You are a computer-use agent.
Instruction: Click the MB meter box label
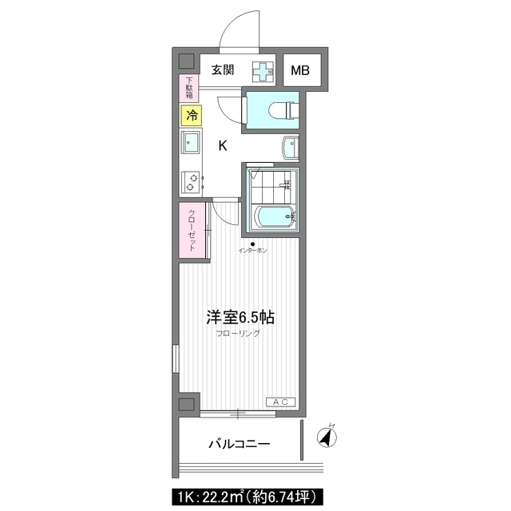tap(300, 70)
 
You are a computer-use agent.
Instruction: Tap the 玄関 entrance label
tap(223, 69)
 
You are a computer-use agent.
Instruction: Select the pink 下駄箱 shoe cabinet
tap(189, 88)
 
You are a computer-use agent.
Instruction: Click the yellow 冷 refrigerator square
tap(192, 115)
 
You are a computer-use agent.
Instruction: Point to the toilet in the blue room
tap(284, 110)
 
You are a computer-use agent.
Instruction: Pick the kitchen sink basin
tap(192, 142)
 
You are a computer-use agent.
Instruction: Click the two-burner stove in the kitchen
tap(191, 182)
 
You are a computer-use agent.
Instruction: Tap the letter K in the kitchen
tap(223, 145)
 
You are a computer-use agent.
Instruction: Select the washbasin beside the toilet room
tap(290, 148)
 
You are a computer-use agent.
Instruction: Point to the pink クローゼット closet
tap(192, 230)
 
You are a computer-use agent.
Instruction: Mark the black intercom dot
tap(252, 244)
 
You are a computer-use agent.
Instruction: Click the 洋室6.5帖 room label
tap(240, 318)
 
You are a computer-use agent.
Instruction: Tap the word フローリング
tap(238, 334)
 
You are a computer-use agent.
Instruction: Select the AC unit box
tap(280, 402)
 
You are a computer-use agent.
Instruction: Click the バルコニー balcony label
tap(240, 444)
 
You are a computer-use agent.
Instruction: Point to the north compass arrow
tap(327, 436)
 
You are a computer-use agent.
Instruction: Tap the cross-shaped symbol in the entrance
tap(263, 71)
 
